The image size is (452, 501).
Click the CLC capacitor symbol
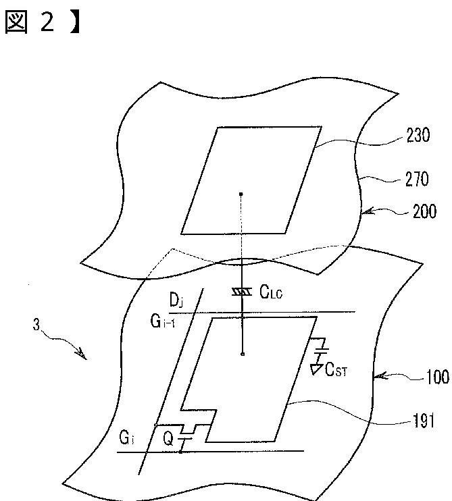pos(241,291)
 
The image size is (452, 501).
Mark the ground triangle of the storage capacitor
pos(315,369)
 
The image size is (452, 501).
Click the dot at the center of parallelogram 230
pos(242,194)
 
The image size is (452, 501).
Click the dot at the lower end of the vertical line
pos(242,353)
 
